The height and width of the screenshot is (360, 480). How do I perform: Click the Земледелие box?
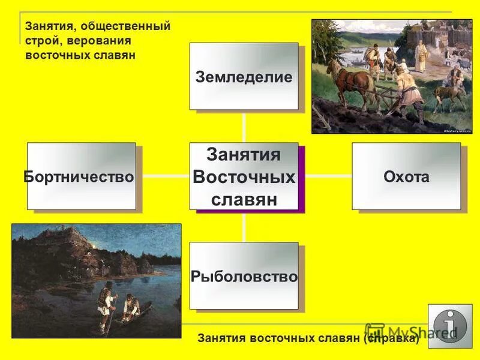point(244,76)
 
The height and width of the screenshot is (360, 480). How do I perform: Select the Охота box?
point(406,176)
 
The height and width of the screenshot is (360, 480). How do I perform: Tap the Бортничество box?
point(81,176)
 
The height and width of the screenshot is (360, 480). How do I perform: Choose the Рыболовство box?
point(244,276)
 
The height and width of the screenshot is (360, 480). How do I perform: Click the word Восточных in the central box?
point(244,178)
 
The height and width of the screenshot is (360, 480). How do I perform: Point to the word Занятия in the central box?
point(244,155)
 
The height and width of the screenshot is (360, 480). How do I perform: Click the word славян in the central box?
point(244,199)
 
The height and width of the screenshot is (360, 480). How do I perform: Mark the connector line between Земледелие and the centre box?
point(244,126)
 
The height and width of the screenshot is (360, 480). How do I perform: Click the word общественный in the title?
point(130,26)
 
